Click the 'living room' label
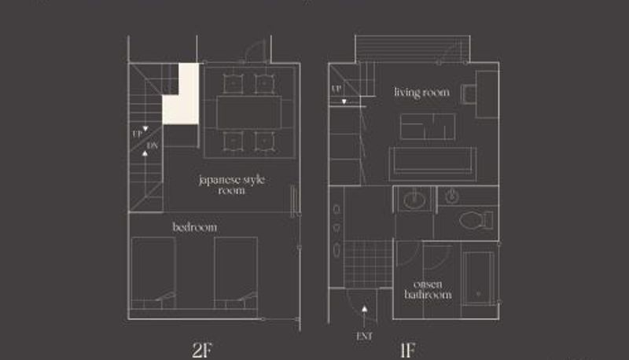click(x=421, y=93)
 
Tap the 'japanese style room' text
click(x=232, y=185)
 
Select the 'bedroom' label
click(x=195, y=227)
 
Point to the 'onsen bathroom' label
click(x=428, y=289)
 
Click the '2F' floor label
click(x=202, y=350)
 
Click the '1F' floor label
click(x=407, y=350)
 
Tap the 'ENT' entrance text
click(x=364, y=336)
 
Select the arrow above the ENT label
click(x=364, y=318)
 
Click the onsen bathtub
click(x=478, y=277)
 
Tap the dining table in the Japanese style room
click(x=249, y=112)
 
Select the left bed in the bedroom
click(x=153, y=273)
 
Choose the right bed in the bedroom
click(x=236, y=273)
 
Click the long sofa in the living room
click(x=432, y=164)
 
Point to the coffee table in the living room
click(x=428, y=127)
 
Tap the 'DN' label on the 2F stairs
click(x=153, y=145)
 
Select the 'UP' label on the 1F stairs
click(x=337, y=89)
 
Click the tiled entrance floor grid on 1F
click(x=368, y=264)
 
